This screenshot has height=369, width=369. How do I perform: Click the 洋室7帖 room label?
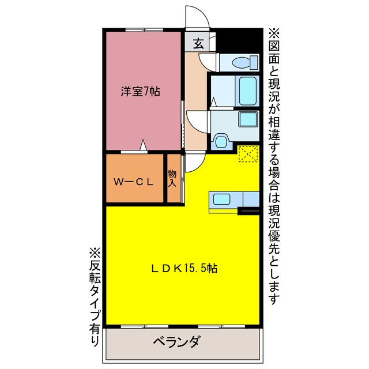tap(141, 92)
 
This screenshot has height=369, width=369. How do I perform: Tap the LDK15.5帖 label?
tap(184, 268)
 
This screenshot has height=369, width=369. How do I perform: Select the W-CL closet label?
tap(133, 182)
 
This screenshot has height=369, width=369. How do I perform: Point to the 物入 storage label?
tap(172, 179)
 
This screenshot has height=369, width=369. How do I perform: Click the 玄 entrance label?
tap(198, 43)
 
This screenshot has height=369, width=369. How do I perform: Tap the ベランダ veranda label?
tap(177, 342)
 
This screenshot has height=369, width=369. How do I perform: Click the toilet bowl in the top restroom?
tap(241, 63)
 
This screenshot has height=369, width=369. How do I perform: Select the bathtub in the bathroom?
tap(247, 91)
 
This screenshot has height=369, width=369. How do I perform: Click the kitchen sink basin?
tap(221, 199)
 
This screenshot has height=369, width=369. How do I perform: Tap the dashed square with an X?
tap(248, 154)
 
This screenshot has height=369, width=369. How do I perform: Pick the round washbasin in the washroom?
tap(221, 141)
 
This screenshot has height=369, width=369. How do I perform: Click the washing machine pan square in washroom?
tap(248, 119)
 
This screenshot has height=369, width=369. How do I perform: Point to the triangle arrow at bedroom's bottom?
tap(143, 145)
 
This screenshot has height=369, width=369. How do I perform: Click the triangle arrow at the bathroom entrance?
tap(213, 102)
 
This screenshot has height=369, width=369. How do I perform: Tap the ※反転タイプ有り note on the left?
tap(95, 297)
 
